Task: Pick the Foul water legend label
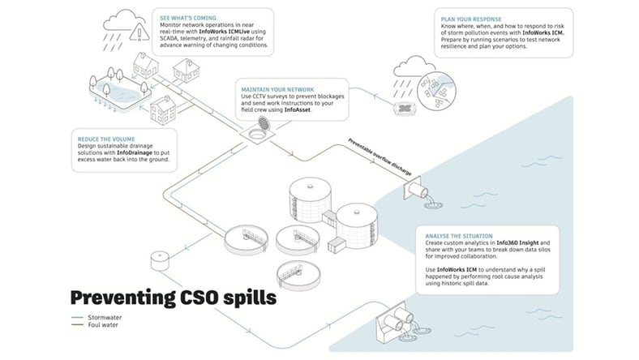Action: tap(107, 327)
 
